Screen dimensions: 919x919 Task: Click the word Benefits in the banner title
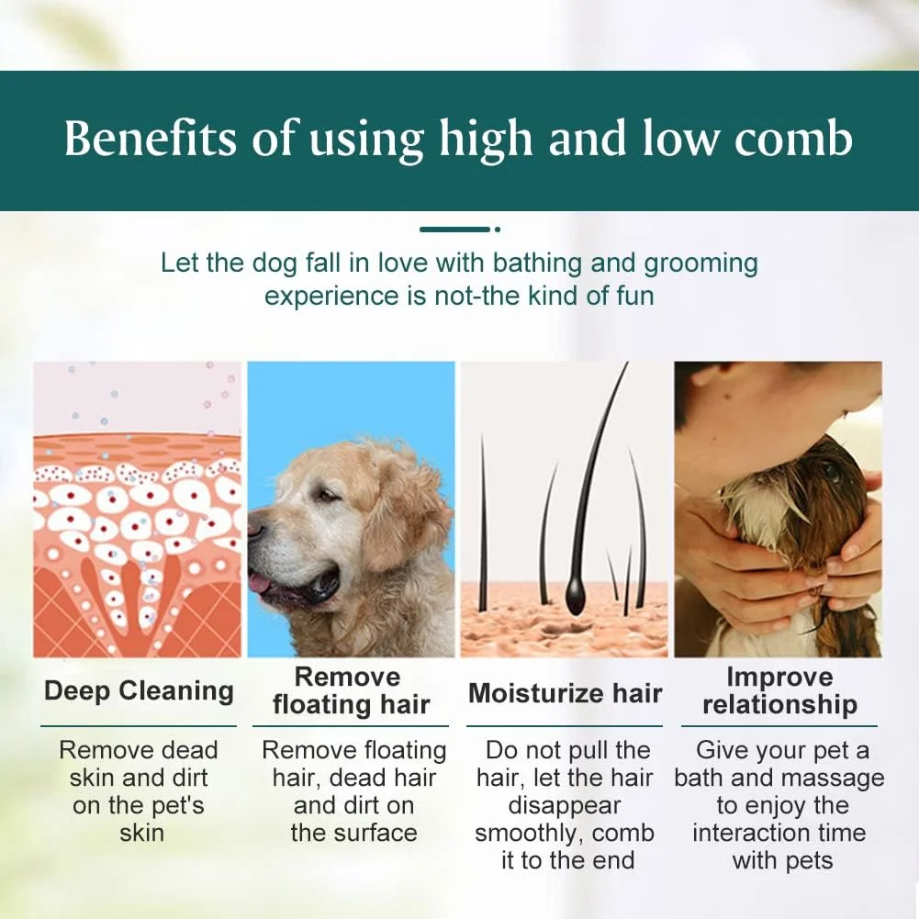click(x=150, y=139)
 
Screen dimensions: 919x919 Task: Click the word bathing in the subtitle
click(x=537, y=263)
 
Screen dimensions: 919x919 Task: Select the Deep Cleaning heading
click(x=139, y=691)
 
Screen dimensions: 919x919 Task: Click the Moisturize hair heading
click(x=565, y=693)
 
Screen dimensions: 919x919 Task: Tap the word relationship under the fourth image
click(x=779, y=704)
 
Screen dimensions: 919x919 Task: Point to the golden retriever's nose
click(x=255, y=527)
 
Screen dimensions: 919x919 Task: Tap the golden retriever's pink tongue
click(x=258, y=583)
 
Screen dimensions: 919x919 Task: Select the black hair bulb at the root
click(x=577, y=595)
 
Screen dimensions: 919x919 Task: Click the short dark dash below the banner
click(x=454, y=230)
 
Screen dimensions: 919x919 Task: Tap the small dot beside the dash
click(x=498, y=230)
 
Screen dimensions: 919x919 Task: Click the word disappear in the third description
click(x=564, y=806)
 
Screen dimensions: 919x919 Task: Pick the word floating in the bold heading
click(x=320, y=704)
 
